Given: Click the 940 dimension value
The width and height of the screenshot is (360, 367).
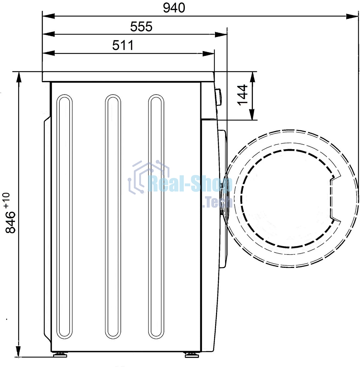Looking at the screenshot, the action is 174,8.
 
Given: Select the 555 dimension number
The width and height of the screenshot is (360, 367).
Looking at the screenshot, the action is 141,26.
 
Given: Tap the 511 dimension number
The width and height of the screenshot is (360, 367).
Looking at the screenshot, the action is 123,45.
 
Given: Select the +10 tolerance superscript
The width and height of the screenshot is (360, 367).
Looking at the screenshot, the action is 7,200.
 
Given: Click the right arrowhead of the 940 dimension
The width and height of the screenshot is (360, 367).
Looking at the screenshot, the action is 352,16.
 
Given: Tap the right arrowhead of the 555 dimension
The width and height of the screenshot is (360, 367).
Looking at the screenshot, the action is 221,34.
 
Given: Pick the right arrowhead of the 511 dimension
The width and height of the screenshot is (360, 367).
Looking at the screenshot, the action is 208,53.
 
